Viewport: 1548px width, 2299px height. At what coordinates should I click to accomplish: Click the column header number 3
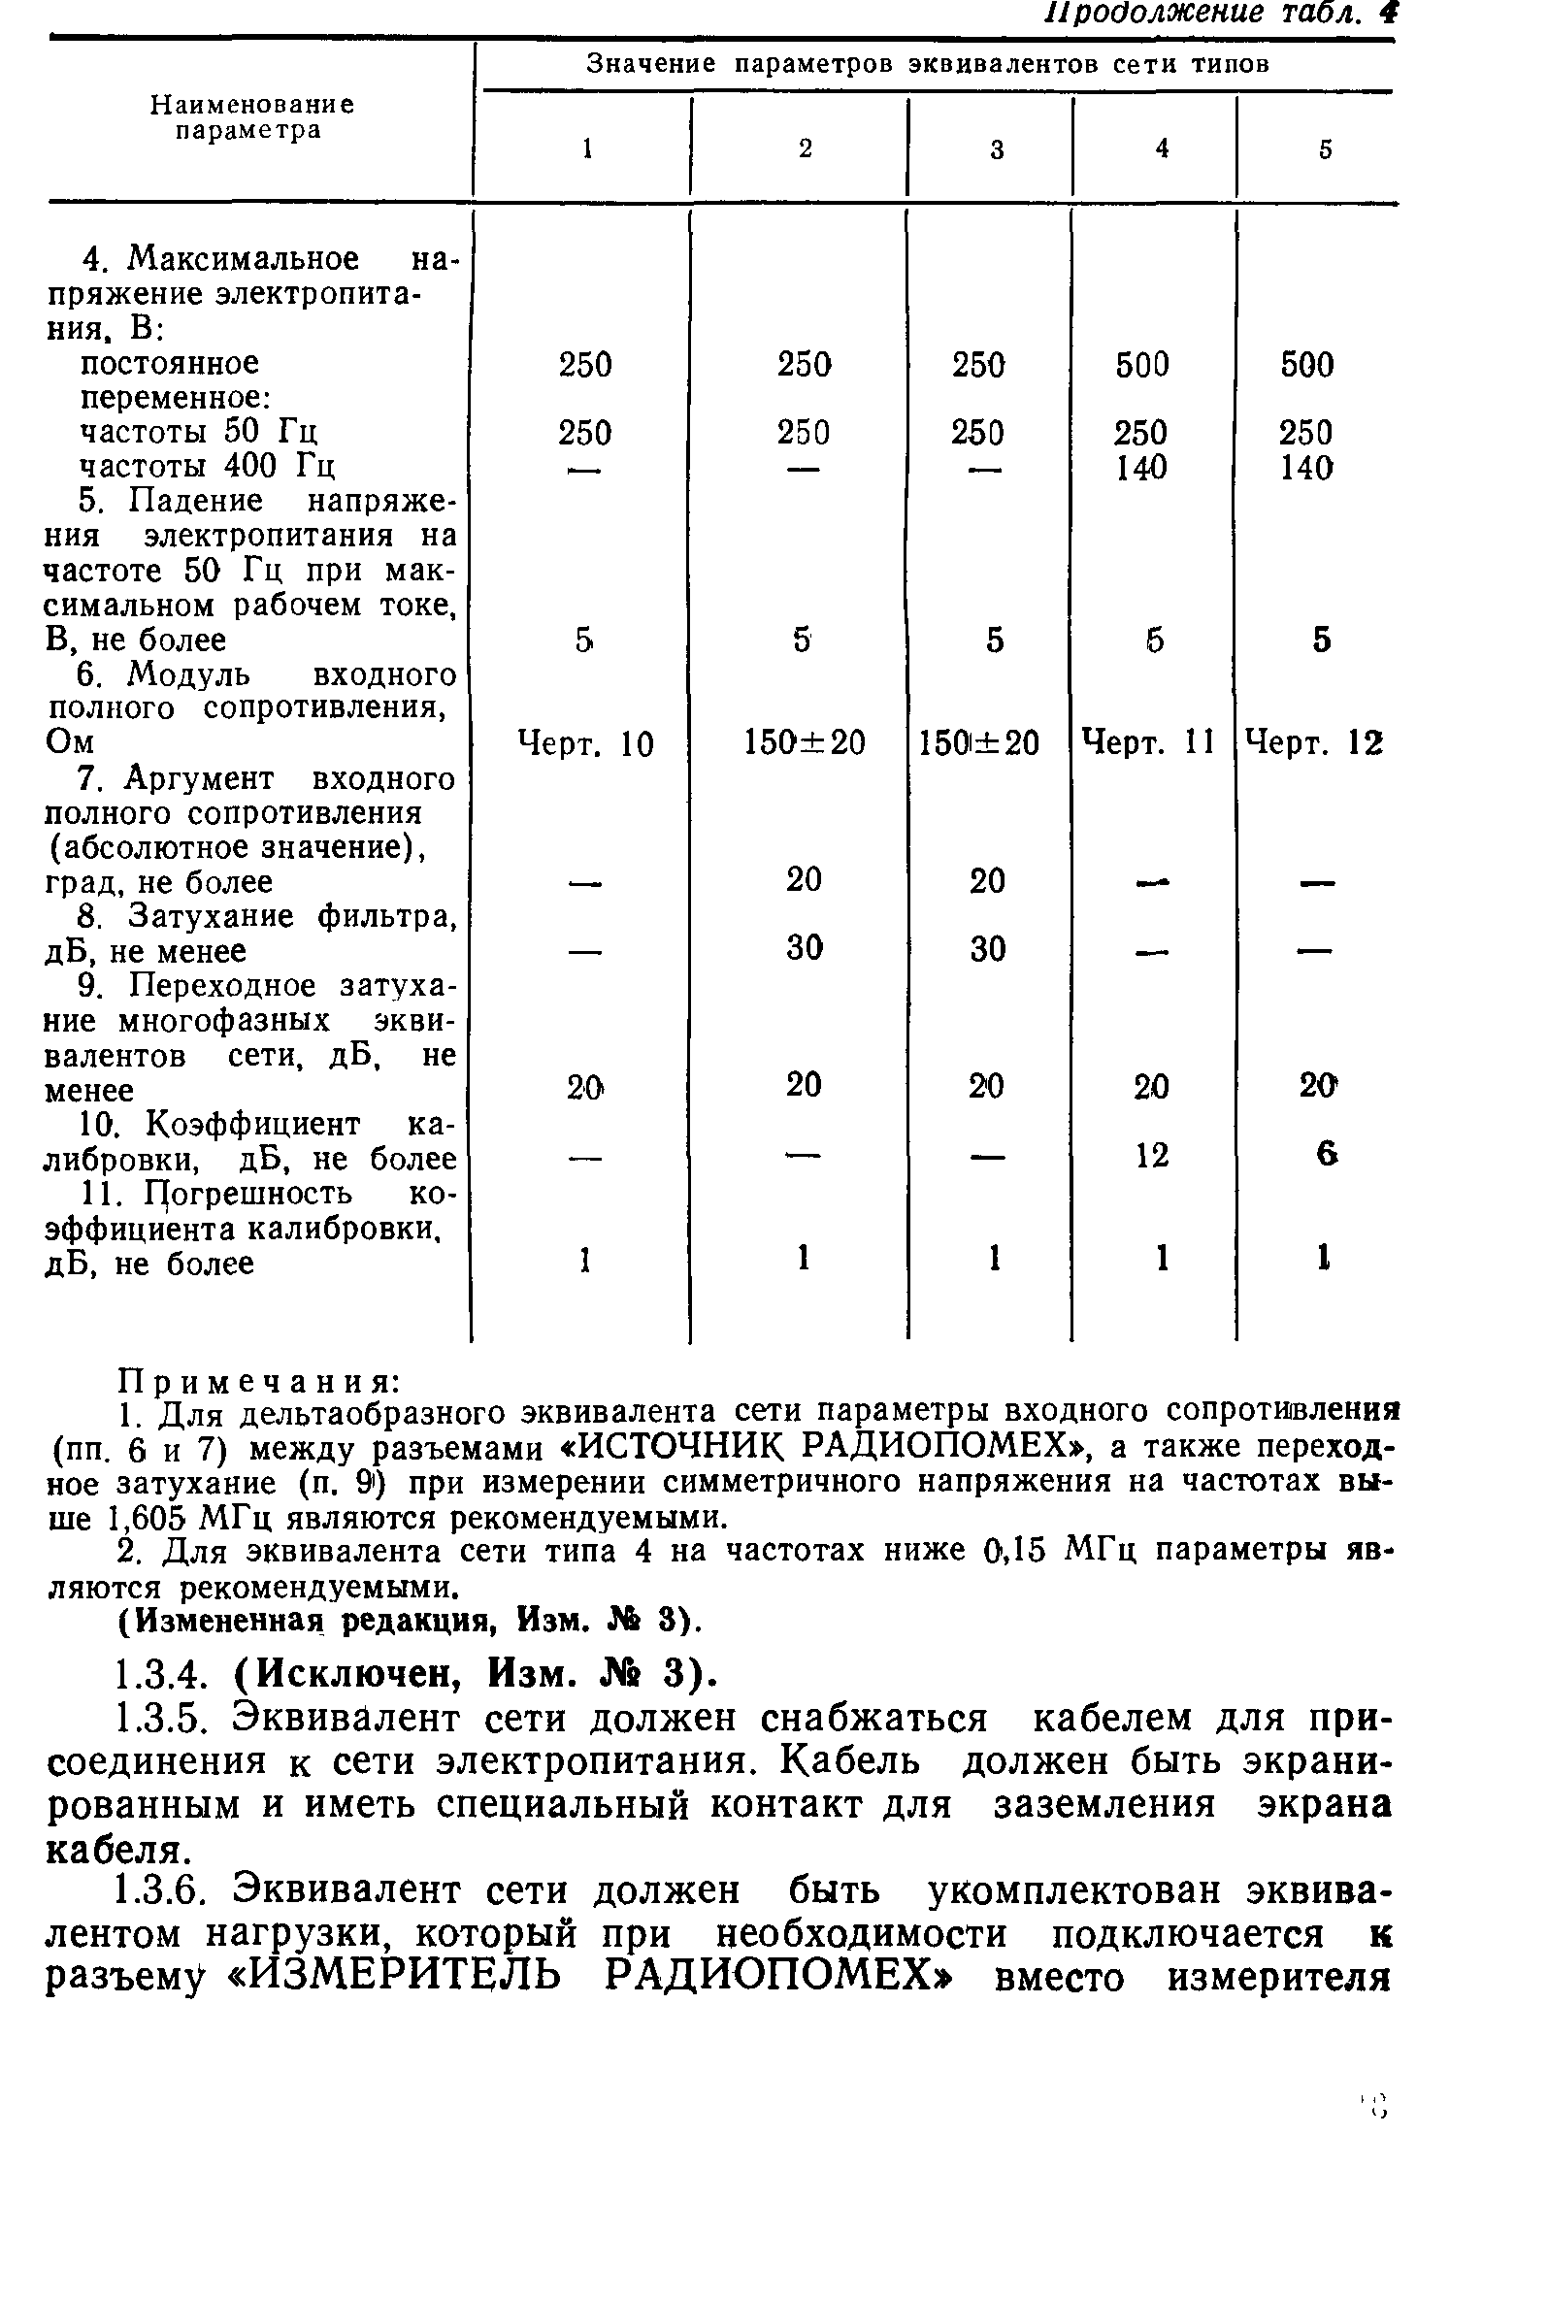pyautogui.click(x=997, y=150)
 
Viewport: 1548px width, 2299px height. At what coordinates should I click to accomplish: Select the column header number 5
pyautogui.click(x=1326, y=149)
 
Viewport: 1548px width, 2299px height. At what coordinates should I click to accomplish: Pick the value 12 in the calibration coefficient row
pyautogui.click(x=1152, y=1155)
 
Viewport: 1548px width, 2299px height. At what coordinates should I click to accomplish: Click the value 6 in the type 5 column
pyautogui.click(x=1327, y=1153)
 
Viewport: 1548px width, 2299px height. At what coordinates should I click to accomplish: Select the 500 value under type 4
pyautogui.click(x=1142, y=365)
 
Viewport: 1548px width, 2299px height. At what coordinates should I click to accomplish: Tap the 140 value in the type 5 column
pyautogui.click(x=1306, y=467)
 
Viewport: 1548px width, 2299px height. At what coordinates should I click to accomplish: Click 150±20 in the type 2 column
pyautogui.click(x=804, y=742)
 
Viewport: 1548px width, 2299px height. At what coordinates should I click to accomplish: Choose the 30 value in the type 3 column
pyautogui.click(x=987, y=949)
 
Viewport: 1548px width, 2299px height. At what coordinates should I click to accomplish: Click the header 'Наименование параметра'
pyautogui.click(x=251, y=117)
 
